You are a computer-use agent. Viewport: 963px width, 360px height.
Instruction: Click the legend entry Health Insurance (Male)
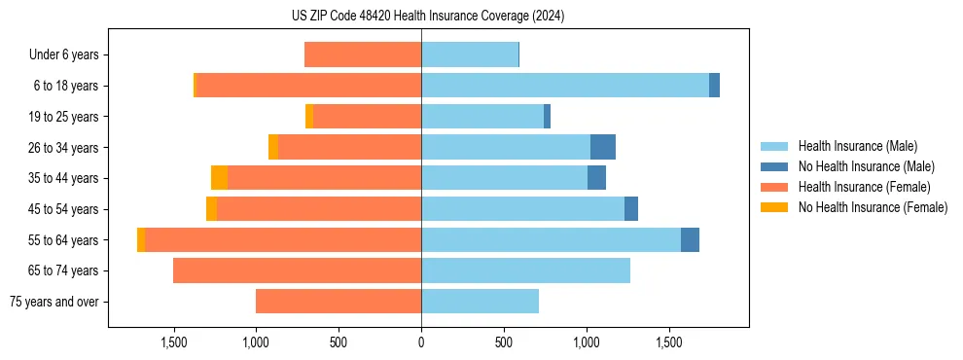coord(857,146)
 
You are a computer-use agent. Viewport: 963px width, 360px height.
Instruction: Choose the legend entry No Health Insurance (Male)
coord(866,166)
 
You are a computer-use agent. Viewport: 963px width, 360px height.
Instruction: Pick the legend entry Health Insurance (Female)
coord(864,187)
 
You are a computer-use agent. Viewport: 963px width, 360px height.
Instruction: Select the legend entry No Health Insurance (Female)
coord(873,207)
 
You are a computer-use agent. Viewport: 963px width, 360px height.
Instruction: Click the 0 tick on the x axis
coord(421,343)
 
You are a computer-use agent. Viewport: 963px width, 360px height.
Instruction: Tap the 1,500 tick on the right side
coord(669,343)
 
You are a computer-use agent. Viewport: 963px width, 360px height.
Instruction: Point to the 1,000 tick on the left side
coord(256,343)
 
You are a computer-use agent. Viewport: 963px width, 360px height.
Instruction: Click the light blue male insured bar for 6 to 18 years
coord(564,86)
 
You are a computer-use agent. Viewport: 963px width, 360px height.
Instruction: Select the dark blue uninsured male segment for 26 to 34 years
coord(603,147)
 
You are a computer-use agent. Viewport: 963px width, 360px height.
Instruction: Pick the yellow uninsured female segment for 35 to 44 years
coord(219,178)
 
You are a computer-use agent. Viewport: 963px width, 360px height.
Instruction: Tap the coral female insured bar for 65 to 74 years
coord(297,270)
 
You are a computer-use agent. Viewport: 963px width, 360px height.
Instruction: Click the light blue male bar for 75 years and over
coord(480,302)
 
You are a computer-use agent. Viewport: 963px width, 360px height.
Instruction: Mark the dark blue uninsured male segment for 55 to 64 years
coord(690,239)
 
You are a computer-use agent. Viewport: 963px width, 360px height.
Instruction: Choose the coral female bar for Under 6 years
coord(363,54)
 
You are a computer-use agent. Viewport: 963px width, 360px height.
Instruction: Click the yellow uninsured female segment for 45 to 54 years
coord(211,209)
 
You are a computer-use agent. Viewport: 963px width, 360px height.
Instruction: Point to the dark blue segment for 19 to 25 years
coord(547,117)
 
